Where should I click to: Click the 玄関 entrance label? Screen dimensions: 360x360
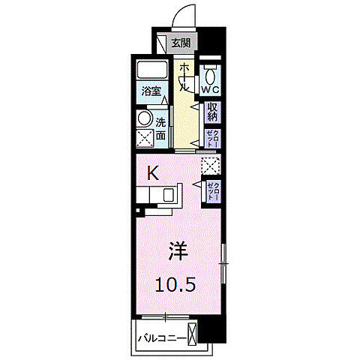coord(181,43)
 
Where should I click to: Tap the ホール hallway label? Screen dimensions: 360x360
coord(184,76)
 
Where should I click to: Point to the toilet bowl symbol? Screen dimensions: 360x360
coord(211,73)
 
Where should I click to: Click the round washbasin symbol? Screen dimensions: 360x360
coord(144,118)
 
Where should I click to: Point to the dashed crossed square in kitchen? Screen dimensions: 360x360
coord(211,166)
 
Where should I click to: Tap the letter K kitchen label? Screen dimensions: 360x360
coord(152,173)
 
